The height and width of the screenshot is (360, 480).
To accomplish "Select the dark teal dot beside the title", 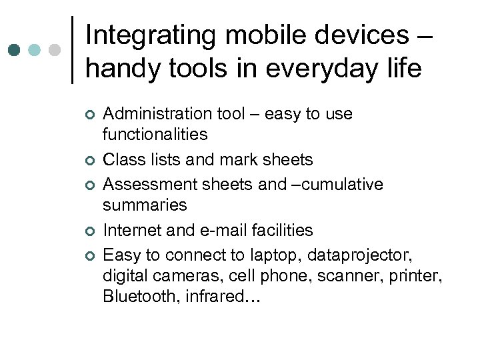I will [14, 50].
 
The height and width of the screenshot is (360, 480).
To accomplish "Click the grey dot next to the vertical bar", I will [55, 50].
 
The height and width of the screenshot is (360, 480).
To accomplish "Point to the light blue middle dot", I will [35, 50].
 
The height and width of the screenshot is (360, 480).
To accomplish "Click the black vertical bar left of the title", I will [72, 50].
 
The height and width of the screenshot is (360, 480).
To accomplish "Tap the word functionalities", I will [155, 134].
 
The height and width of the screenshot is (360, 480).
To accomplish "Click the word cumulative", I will [348, 184].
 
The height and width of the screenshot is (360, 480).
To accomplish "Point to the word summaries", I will [145, 205].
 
